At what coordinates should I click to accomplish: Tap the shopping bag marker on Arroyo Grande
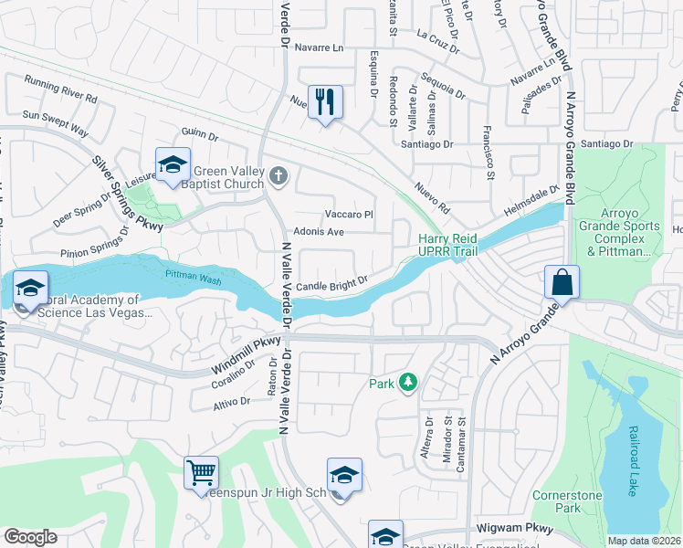click(x=562, y=281)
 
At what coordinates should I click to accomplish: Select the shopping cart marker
click(x=201, y=473)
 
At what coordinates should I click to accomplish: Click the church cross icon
click(x=278, y=175)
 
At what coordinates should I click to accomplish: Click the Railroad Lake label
click(x=631, y=466)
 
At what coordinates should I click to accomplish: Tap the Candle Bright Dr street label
click(x=331, y=284)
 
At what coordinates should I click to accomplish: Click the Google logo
click(x=30, y=537)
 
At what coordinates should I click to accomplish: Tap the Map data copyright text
click(x=644, y=541)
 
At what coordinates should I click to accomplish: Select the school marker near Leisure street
click(x=173, y=165)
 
